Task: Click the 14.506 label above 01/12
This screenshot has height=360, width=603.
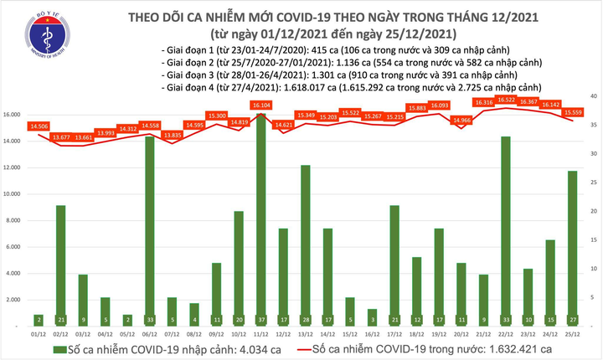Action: [x=39, y=126]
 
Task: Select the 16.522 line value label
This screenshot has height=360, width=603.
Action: [x=504, y=100]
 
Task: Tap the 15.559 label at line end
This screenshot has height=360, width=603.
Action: [x=574, y=112]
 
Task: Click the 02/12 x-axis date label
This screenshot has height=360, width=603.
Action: [x=61, y=333]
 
